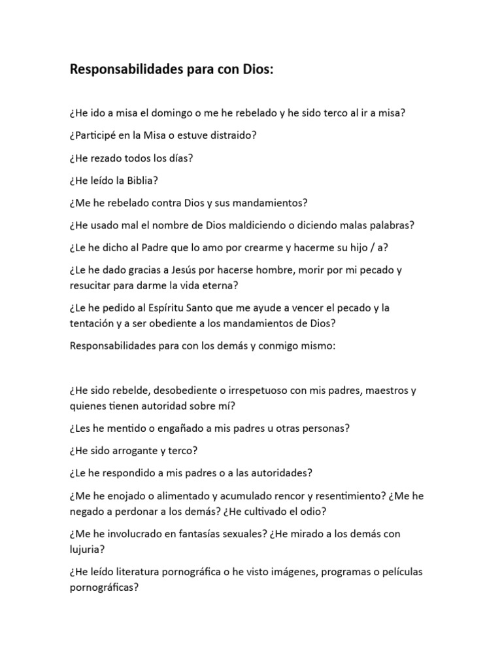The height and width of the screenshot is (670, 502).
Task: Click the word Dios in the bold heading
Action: (x=253, y=71)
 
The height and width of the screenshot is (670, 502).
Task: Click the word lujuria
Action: (x=86, y=549)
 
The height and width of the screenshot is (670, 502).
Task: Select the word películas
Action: (x=398, y=571)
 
